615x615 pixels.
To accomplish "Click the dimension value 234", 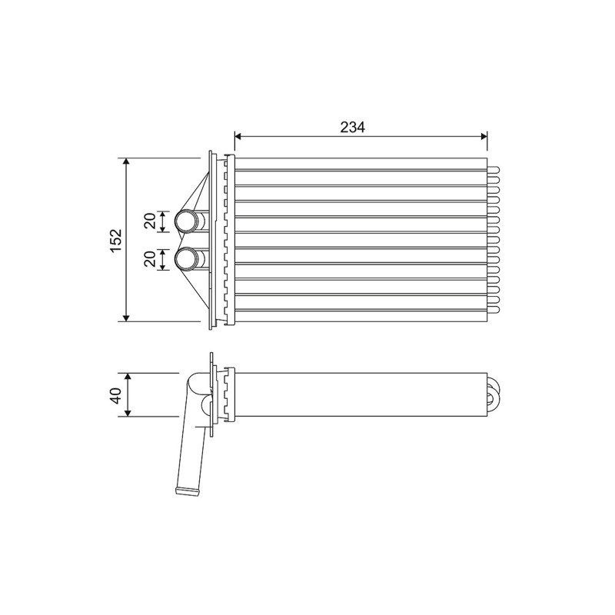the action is tap(352, 127).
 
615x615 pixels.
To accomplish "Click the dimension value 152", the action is tap(117, 240).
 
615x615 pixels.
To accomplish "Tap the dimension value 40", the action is tap(117, 395).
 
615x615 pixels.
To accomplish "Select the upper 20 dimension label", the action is tap(150, 221).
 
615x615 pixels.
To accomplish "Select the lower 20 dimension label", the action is tap(150, 259).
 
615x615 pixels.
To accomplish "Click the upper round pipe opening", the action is tap(184, 221).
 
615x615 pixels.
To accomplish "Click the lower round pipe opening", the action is tap(184, 259).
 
